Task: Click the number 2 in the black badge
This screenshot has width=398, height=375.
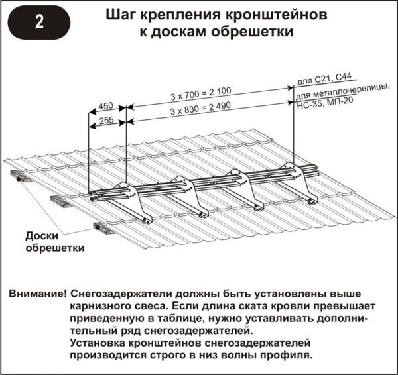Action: pyautogui.click(x=39, y=23)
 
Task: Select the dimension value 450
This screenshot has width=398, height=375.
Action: pyautogui.click(x=106, y=106)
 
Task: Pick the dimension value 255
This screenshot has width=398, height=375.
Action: pyautogui.click(x=106, y=120)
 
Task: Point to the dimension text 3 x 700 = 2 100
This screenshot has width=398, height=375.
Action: pyautogui.click(x=201, y=93)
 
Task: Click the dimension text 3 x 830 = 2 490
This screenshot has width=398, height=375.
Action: pyautogui.click(x=200, y=108)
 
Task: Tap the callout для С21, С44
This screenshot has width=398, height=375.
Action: pyautogui.click(x=324, y=79)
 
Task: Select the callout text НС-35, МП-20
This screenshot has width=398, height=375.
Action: pyautogui.click(x=325, y=103)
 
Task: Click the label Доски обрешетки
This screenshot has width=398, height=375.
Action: pyautogui.click(x=55, y=242)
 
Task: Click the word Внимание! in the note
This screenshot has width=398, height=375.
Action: pyautogui.click(x=38, y=294)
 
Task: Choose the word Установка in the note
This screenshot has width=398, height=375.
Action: pyautogui.click(x=98, y=343)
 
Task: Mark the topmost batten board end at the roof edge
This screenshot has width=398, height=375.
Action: pyautogui.click(x=19, y=176)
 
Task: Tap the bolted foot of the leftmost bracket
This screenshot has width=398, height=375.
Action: pyautogui.click(x=147, y=219)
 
